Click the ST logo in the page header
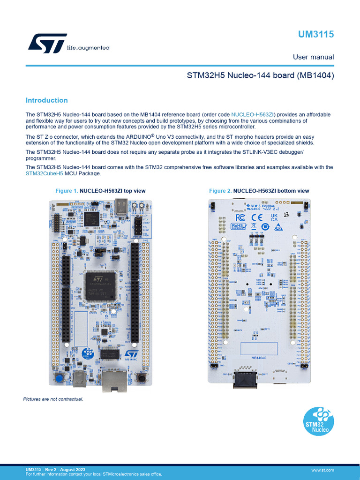coord(47,43)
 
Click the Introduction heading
coord(46,100)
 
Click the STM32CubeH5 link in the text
coord(44,173)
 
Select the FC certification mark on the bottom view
coord(240,217)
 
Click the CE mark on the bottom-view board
coord(257,217)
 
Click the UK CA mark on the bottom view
coord(274,218)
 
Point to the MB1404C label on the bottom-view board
coord(259,358)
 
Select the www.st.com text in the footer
coord(322,469)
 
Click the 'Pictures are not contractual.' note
coord(53,399)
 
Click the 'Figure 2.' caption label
coord(220,191)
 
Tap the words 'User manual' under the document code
coord(313,57)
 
